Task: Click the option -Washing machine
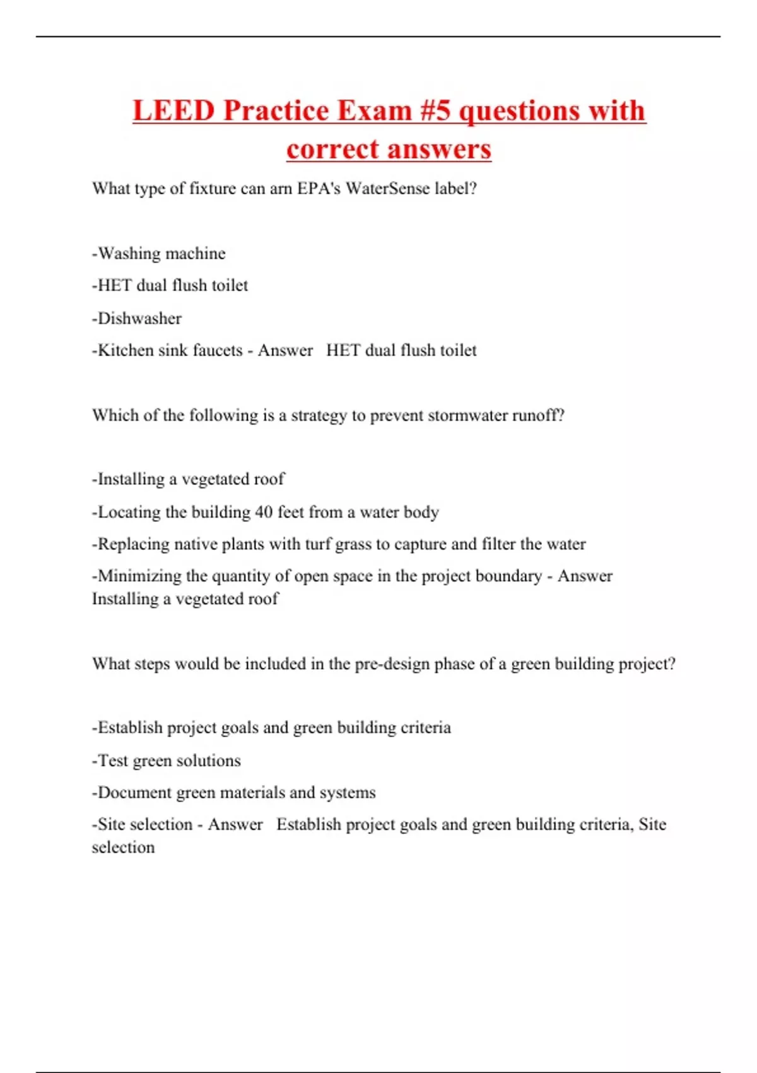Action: tap(159, 253)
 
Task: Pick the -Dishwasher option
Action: tap(137, 318)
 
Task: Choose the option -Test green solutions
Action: tap(167, 761)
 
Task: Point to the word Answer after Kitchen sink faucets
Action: tap(285, 350)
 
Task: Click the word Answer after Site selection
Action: tap(235, 824)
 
